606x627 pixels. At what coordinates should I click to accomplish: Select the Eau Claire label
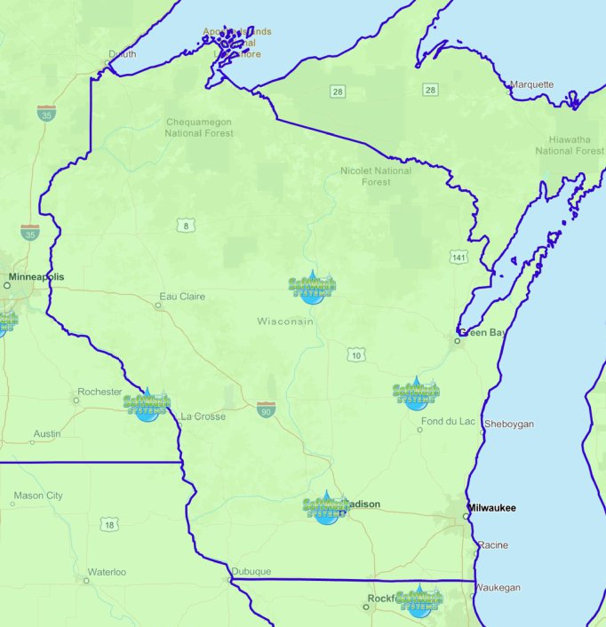[x=182, y=297]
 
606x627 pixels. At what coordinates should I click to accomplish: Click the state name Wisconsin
[x=285, y=321]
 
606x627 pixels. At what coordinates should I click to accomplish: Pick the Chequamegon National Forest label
[x=199, y=128]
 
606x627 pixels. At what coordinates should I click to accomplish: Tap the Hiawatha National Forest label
[x=570, y=145]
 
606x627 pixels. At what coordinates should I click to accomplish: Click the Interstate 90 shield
[x=266, y=409]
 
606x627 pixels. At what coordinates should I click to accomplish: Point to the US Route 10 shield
[x=356, y=355]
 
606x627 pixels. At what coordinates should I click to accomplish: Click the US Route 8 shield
[x=185, y=226]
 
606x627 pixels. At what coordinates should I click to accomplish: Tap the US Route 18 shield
[x=108, y=525]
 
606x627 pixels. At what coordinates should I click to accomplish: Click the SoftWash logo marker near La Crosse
[x=147, y=404]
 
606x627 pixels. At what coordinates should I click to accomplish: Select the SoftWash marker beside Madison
[x=325, y=508]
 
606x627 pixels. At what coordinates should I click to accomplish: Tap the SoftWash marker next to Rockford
[x=419, y=600]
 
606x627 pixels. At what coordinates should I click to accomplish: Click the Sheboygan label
[x=509, y=424]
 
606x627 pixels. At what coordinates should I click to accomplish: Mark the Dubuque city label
[x=251, y=571]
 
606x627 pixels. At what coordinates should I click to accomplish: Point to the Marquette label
[x=531, y=84]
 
